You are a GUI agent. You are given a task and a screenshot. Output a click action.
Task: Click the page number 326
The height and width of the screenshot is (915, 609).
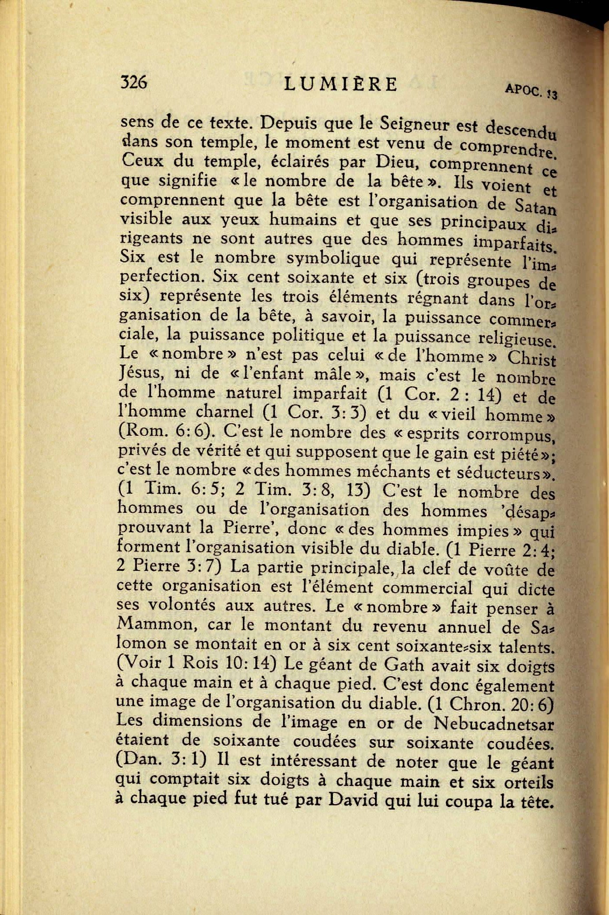pos(133,82)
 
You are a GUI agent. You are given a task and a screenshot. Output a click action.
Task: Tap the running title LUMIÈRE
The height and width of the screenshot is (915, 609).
pos(340,84)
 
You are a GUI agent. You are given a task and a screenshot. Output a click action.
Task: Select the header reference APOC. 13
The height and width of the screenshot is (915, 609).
pos(531,91)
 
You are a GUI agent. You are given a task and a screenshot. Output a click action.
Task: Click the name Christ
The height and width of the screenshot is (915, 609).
pos(532,359)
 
